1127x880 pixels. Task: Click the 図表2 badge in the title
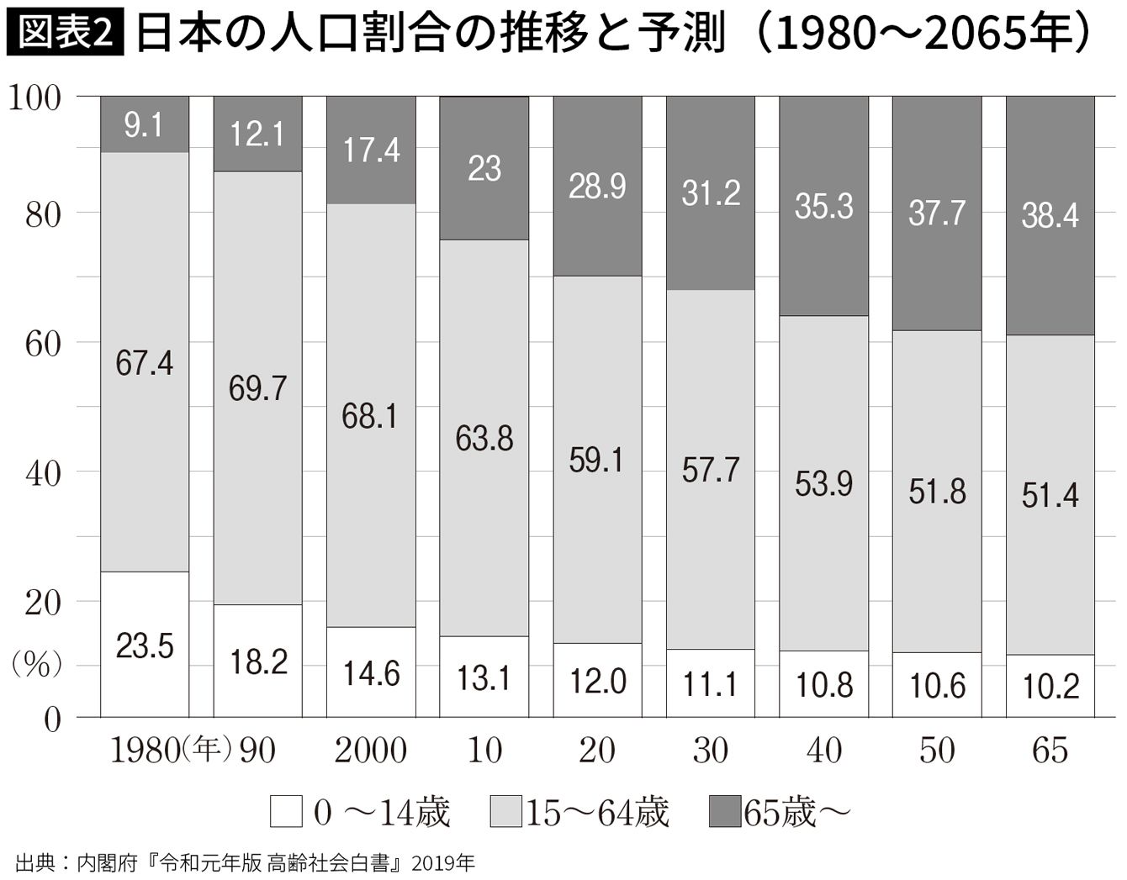[66, 32]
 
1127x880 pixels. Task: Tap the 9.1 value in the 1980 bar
[144, 125]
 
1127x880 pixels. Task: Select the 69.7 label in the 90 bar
[257, 388]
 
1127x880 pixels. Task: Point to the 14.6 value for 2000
[372, 674]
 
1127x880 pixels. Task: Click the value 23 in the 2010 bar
[484, 168]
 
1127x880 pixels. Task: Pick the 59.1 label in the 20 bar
[597, 460]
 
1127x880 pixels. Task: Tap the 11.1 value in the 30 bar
[710, 684]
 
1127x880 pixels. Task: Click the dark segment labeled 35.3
[823, 206]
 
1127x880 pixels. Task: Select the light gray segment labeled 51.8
[937, 492]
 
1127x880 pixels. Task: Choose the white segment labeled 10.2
[1050, 686]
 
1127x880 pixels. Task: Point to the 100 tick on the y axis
[34, 97]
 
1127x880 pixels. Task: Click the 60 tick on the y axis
[44, 344]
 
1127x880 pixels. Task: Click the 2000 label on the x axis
[370, 751]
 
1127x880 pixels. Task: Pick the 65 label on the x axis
[1050, 751]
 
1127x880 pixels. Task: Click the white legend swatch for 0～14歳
[286, 811]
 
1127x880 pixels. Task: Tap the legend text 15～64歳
[597, 812]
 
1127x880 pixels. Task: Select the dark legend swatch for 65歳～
[725, 811]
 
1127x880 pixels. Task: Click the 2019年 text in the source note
[443, 863]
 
